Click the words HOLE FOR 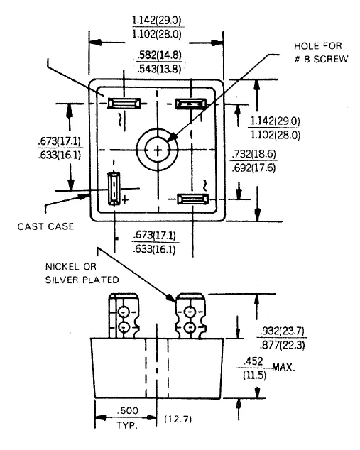[318, 46]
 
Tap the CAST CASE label [45, 226]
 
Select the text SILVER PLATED [82, 280]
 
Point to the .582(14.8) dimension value [159, 55]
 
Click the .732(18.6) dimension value [253, 154]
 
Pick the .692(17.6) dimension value [253, 168]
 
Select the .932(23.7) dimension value [282, 331]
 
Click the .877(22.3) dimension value [282, 345]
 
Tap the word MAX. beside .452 [283, 367]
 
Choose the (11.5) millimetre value [254, 375]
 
